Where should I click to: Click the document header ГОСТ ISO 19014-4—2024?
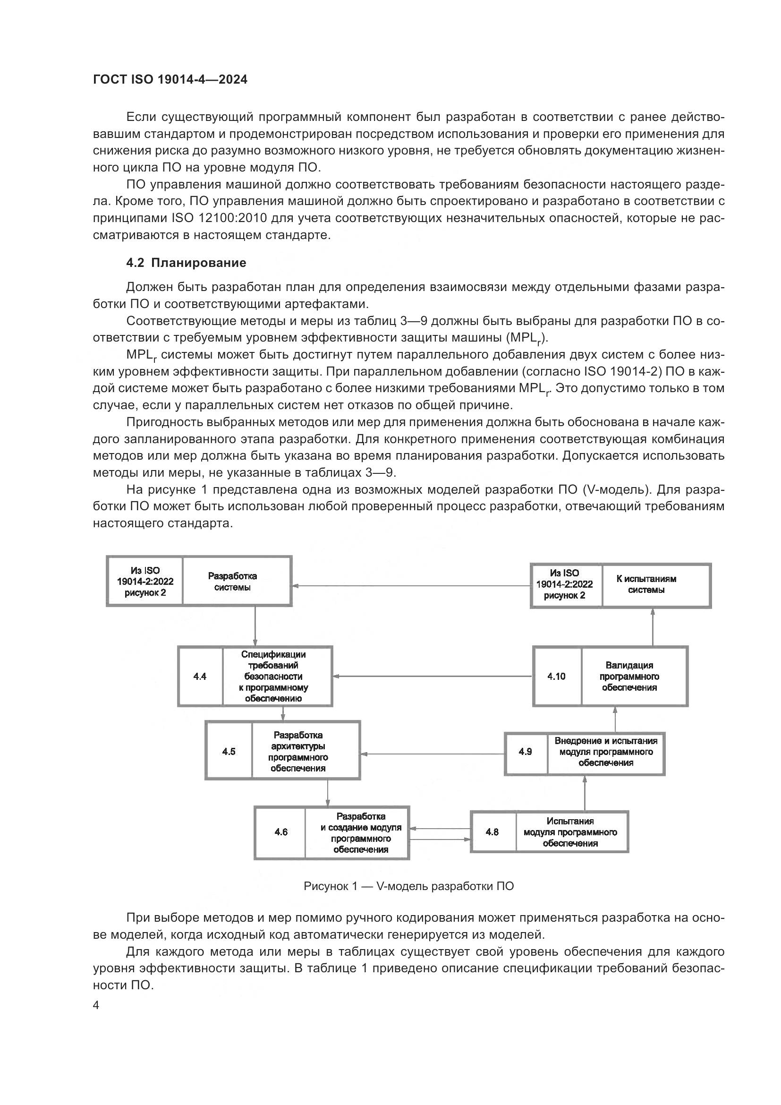[170, 80]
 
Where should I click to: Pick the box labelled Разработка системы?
[232, 582]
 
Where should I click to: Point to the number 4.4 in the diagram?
[200, 676]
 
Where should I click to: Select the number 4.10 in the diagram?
[556, 676]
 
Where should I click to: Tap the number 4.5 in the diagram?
[229, 751]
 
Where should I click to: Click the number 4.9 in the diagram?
[525, 751]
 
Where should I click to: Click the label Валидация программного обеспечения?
[629, 676]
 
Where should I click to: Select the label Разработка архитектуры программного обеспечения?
[298, 751]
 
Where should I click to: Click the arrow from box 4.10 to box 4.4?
[433, 676]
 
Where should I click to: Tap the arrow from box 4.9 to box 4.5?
[433, 754]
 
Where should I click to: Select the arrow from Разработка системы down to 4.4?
[255, 625]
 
